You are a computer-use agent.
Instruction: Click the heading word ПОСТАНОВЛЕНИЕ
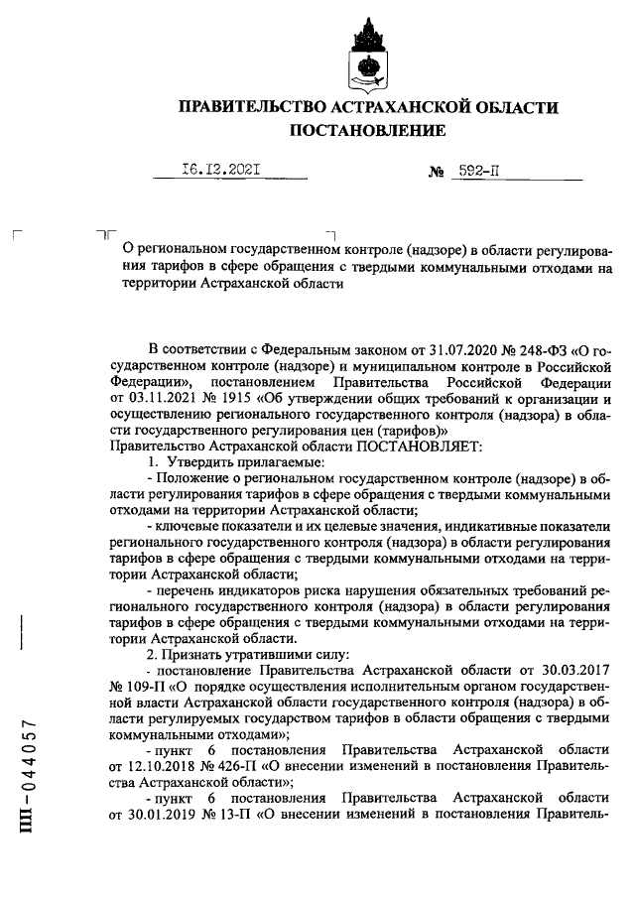click(367, 131)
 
